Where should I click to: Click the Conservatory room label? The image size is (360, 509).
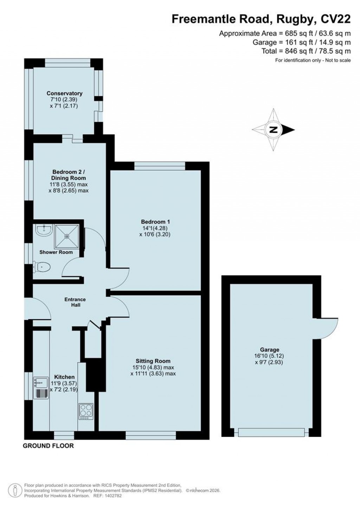[64, 93]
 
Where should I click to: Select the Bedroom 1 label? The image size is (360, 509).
[155, 222]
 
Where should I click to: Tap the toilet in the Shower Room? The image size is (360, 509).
[42, 267]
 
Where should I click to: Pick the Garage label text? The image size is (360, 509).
[270, 350]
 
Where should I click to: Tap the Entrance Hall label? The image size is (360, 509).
[75, 302]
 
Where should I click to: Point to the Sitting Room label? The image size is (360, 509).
[153, 361]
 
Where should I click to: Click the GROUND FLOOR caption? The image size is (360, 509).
[49, 446]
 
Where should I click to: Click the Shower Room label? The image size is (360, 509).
[56, 252]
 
